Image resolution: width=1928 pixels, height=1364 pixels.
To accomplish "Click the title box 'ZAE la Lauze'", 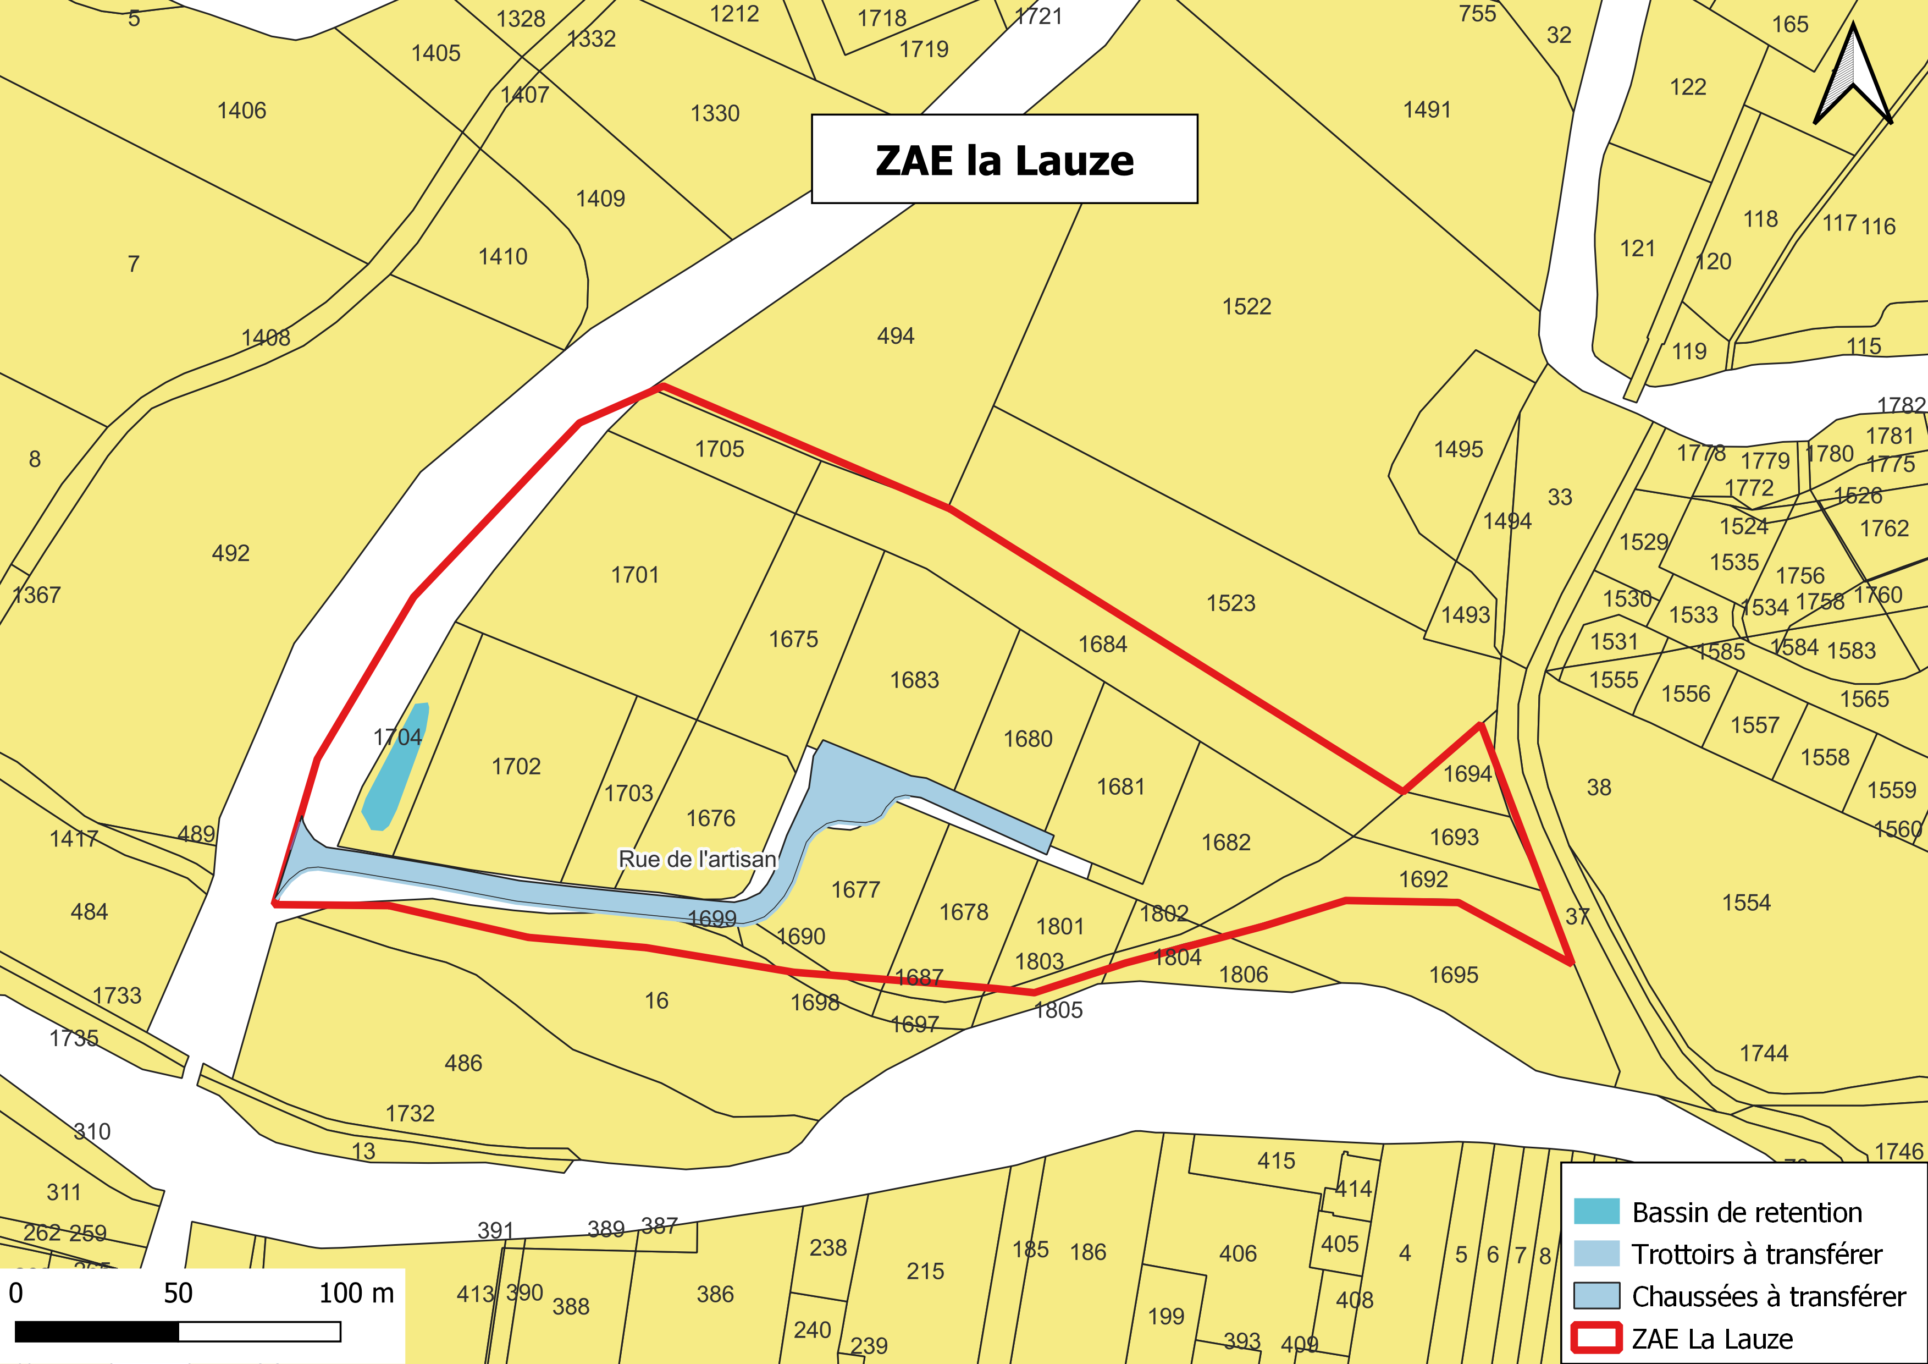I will [x=1004, y=159].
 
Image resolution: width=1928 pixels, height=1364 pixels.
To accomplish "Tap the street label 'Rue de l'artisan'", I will [x=697, y=859].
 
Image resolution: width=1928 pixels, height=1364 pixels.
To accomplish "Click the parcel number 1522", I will [x=1246, y=306].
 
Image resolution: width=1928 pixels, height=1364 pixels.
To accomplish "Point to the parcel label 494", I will [x=895, y=336].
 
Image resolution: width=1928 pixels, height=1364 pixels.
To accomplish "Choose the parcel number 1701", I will [x=635, y=575].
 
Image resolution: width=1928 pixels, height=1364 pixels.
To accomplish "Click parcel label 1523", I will [x=1230, y=603].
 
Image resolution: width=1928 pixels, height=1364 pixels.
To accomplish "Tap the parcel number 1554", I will [x=1746, y=903].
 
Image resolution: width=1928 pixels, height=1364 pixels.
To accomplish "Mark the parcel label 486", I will [x=463, y=1063].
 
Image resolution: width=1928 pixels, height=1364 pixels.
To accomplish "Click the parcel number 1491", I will [x=1427, y=110].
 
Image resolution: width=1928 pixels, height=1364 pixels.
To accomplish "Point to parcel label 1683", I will [x=914, y=680].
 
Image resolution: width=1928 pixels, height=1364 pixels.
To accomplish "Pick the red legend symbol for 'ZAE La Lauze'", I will [x=1596, y=1338].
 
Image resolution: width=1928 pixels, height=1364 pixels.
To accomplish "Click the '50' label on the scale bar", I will [x=178, y=1294].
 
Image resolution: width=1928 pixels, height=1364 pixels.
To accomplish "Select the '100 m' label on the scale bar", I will [x=356, y=1294].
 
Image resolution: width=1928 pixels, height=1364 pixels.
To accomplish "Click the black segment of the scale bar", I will [x=97, y=1332].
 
